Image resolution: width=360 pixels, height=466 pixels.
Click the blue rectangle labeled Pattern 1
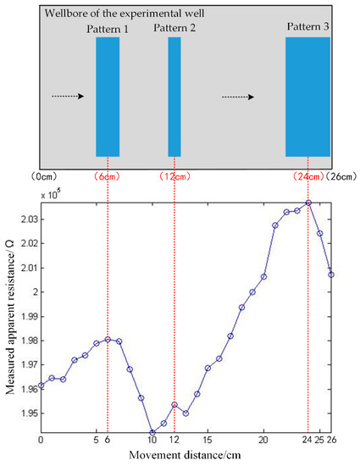click(108, 97)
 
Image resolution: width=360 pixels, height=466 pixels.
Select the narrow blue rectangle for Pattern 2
click(174, 97)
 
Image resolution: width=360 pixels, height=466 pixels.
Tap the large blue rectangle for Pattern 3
click(307, 97)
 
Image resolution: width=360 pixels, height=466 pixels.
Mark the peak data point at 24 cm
click(308, 202)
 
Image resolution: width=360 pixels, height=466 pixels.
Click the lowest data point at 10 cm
click(152, 432)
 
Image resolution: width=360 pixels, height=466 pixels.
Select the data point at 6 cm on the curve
click(108, 339)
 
